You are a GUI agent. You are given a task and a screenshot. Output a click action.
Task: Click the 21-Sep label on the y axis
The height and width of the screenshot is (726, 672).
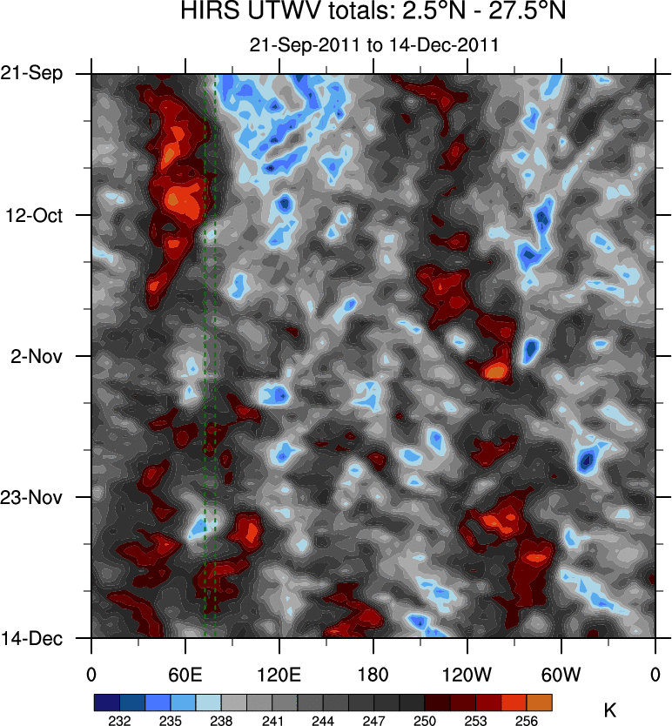click(x=31, y=74)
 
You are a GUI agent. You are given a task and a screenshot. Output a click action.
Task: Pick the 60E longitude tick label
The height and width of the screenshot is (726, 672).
click(x=185, y=674)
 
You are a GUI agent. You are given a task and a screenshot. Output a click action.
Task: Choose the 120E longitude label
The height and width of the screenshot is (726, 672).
click(x=279, y=674)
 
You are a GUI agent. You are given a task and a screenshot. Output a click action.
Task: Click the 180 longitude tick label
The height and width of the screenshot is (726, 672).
click(x=373, y=674)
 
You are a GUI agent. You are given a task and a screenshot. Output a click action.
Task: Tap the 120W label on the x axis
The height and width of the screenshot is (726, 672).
click(x=467, y=674)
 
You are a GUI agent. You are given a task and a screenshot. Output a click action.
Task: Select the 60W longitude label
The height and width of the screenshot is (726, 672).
click(x=561, y=674)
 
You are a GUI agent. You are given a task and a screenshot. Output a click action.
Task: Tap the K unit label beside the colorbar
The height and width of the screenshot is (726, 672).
click(x=609, y=710)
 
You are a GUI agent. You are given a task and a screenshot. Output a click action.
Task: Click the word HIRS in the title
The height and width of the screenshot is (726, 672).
click(x=208, y=13)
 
